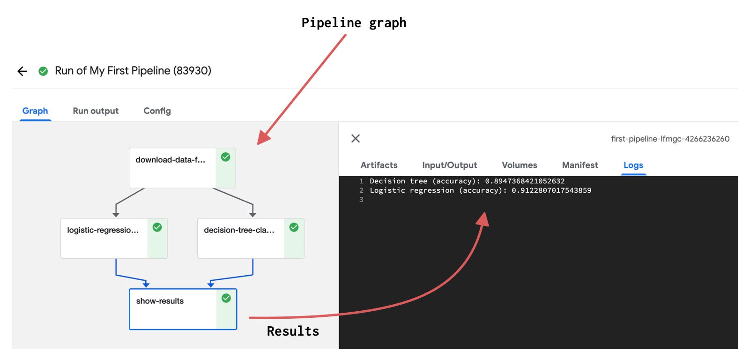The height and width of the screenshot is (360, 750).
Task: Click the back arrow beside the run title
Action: (22, 71)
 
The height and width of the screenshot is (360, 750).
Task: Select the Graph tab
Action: (35, 111)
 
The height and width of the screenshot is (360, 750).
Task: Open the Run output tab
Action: (96, 111)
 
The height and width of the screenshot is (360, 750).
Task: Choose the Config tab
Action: (157, 111)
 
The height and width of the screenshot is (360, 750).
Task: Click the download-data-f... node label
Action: (170, 160)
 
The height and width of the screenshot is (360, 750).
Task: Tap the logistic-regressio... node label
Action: (103, 230)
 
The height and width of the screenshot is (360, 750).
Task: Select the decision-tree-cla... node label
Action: (239, 230)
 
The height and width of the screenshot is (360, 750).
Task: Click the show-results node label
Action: (160, 301)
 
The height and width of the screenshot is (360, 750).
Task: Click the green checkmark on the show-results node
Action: (226, 298)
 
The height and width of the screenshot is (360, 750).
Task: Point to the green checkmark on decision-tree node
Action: (294, 227)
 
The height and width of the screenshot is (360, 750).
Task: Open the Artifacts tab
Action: (379, 165)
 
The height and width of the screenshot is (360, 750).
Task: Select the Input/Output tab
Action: (449, 165)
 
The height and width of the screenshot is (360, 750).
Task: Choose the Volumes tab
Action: (520, 165)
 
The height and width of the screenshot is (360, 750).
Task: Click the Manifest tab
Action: (580, 165)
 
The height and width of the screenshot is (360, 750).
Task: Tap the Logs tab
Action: (633, 165)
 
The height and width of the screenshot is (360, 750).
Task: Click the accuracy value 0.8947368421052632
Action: (525, 181)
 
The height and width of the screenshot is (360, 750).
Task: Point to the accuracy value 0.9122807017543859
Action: (551, 190)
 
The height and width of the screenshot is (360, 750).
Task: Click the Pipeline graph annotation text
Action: (354, 23)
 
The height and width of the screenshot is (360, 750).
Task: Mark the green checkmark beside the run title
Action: (43, 71)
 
